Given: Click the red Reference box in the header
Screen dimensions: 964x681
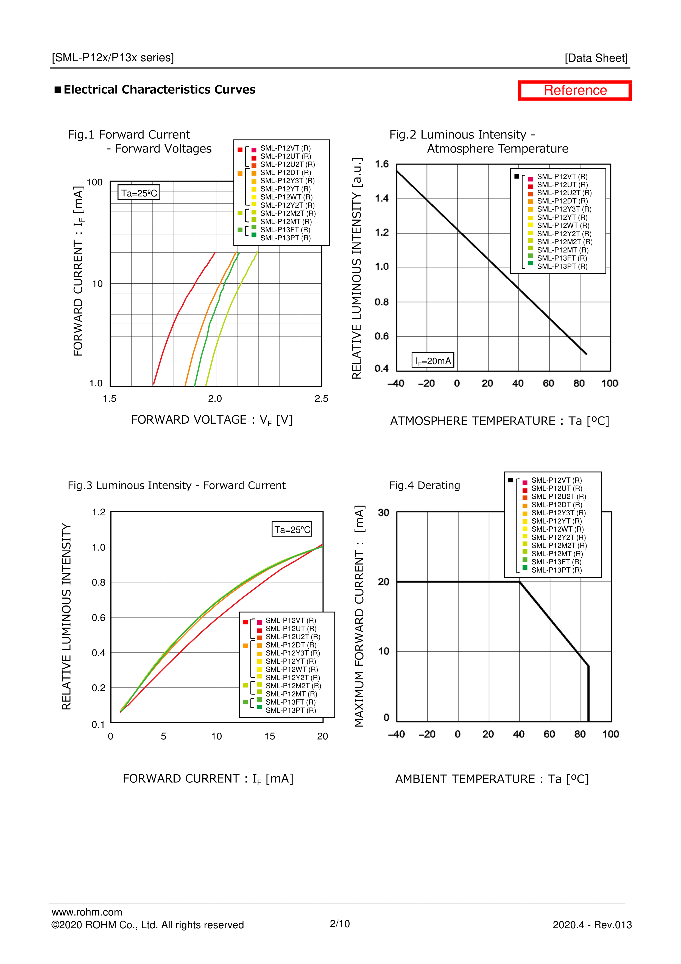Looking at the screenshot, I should (574, 90).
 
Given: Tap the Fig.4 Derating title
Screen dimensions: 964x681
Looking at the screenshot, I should (424, 485).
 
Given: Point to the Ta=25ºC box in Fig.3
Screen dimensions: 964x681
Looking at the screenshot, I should (292, 529).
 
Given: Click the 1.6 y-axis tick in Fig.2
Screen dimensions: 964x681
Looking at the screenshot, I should (382, 164).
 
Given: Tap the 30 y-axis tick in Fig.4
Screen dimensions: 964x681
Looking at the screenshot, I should (384, 513).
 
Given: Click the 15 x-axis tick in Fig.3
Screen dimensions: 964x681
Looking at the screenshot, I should (269, 736).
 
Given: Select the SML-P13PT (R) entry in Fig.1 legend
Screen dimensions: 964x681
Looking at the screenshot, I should (285, 238).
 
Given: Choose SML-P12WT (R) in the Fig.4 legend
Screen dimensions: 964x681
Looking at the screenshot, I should (557, 529).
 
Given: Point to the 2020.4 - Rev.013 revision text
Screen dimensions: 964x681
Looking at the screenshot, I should (592, 925).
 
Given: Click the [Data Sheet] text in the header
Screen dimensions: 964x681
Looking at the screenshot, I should (596, 58).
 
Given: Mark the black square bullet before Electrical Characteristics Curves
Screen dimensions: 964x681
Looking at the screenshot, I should (58, 90).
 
